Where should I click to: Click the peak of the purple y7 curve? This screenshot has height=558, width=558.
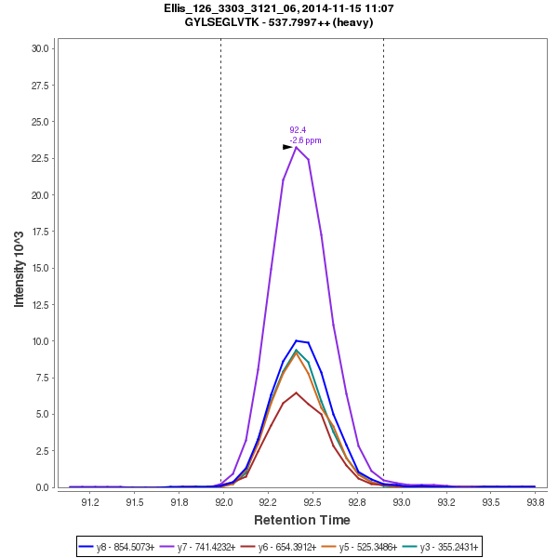pos(296,147)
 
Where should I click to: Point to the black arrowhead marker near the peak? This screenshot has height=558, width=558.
pos(287,147)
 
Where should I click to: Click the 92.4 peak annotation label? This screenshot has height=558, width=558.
pos(298,130)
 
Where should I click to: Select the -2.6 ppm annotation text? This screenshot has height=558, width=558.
pos(305,140)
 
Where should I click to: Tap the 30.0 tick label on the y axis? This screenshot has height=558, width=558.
pos(41,48)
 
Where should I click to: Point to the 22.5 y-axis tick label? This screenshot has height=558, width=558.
pos(41,158)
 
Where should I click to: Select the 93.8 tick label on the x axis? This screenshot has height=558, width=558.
pos(536,502)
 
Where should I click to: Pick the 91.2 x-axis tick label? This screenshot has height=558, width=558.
pos(90,502)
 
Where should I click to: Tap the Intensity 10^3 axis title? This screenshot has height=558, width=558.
pos(19,267)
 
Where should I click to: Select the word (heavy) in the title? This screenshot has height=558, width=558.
pos(352,21)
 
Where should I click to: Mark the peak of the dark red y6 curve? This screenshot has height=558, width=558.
pos(296,392)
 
